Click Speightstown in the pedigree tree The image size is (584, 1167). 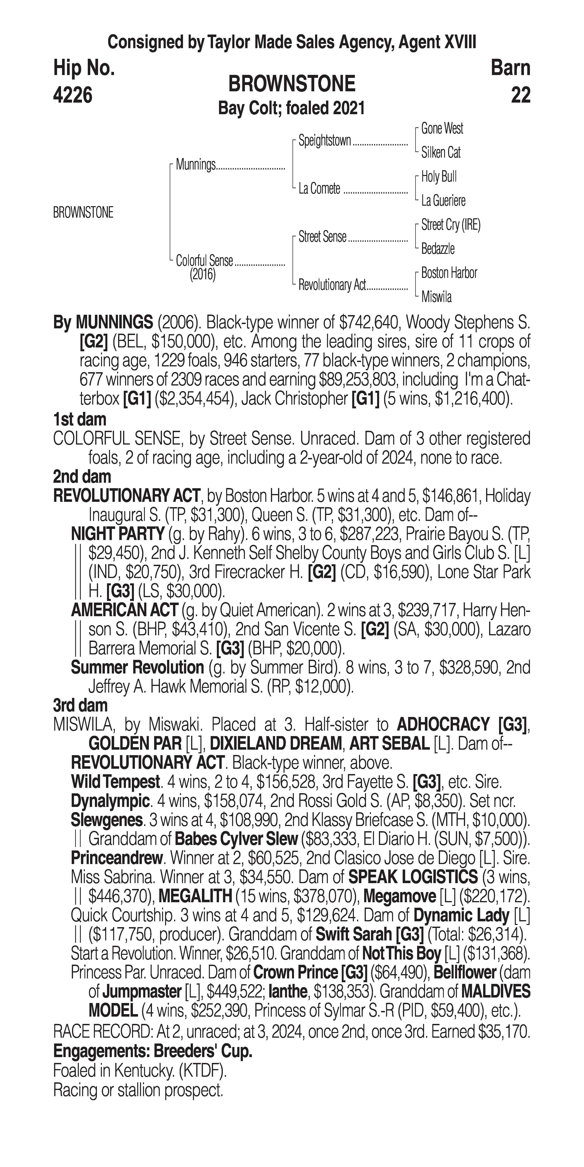pos(325,141)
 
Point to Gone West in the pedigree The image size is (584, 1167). pos(442,129)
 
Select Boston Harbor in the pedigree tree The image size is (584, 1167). pos(449,273)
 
